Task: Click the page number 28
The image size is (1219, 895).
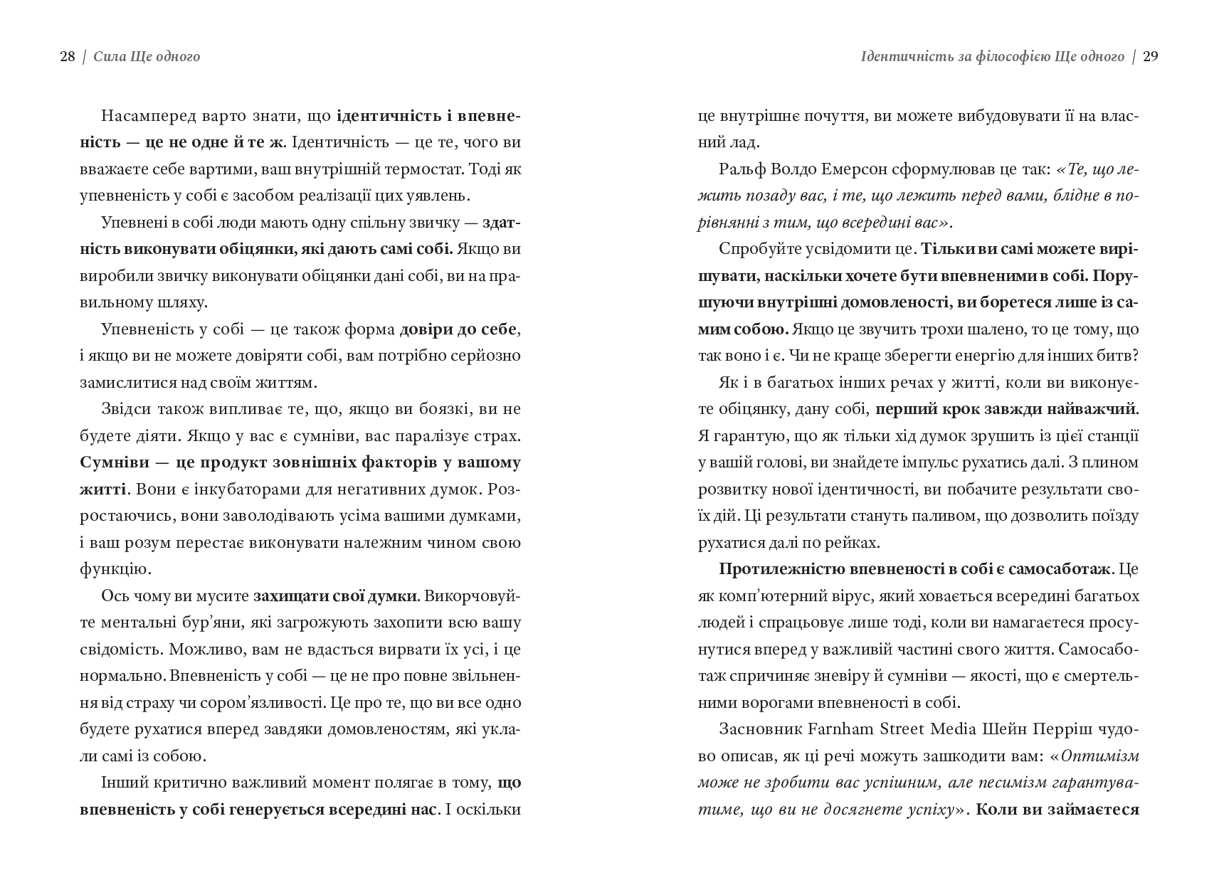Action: tap(67, 57)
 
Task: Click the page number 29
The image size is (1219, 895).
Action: tap(1151, 57)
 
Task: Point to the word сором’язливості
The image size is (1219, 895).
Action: tap(263, 703)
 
